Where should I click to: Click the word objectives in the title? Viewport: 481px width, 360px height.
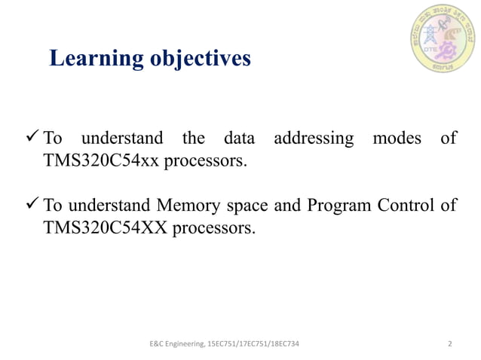(x=198, y=59)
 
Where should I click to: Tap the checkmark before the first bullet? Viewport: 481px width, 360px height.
(x=32, y=138)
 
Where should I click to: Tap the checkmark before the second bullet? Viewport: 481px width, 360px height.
(x=32, y=205)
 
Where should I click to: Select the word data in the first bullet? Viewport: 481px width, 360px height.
(x=240, y=139)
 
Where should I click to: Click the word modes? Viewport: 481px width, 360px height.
(x=398, y=139)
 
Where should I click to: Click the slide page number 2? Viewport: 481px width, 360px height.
(x=449, y=344)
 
